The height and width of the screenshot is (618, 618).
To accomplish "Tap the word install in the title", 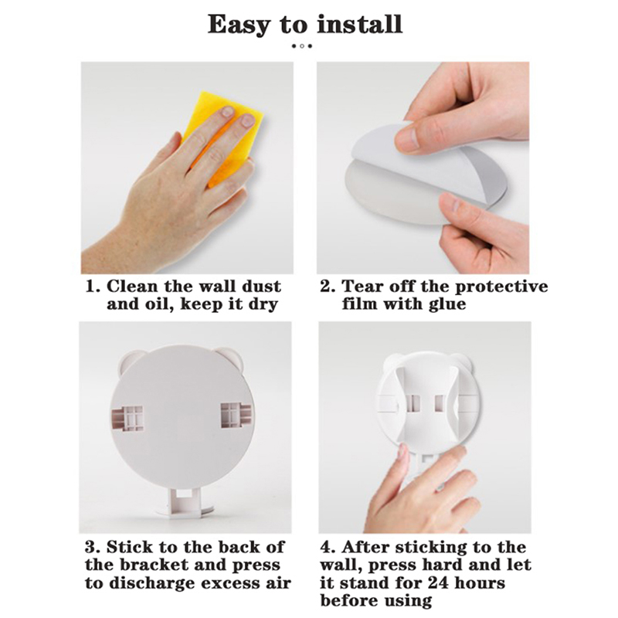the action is [359, 24].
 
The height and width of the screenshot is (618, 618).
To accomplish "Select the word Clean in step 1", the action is [131, 286].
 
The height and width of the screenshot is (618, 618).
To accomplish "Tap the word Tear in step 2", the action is [362, 286].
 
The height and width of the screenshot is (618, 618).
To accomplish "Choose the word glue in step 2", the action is [447, 304].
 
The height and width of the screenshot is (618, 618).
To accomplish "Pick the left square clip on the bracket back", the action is [127, 418].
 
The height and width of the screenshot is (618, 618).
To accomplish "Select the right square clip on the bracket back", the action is [236, 416].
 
